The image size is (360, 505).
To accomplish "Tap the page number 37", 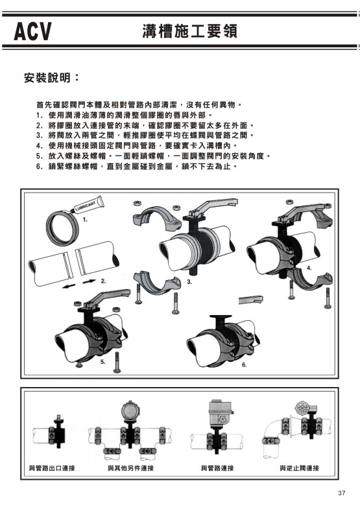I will [341, 493].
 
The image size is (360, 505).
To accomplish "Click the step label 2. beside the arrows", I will [103, 281].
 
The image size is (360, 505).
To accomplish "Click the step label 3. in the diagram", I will [189, 283].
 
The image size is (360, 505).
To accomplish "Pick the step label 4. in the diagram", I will [309, 267].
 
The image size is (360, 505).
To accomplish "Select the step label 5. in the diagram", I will [102, 362].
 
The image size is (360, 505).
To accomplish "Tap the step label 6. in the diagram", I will [245, 365].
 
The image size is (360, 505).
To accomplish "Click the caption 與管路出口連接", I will [52, 467].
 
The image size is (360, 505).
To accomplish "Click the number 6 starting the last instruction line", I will [39, 167].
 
